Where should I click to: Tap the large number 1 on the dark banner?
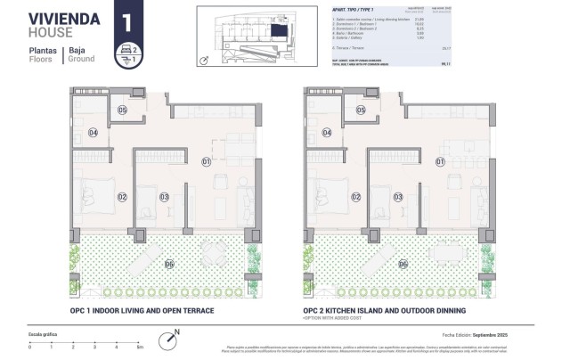click(x=127, y=20)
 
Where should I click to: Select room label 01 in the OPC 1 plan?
click(x=206, y=161)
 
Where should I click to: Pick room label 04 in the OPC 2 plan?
click(x=328, y=132)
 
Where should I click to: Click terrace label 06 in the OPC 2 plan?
click(x=403, y=264)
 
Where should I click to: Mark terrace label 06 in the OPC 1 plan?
click(x=169, y=264)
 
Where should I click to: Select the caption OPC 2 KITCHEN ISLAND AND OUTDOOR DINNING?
click(x=384, y=311)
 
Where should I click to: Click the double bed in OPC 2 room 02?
click(x=324, y=194)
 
